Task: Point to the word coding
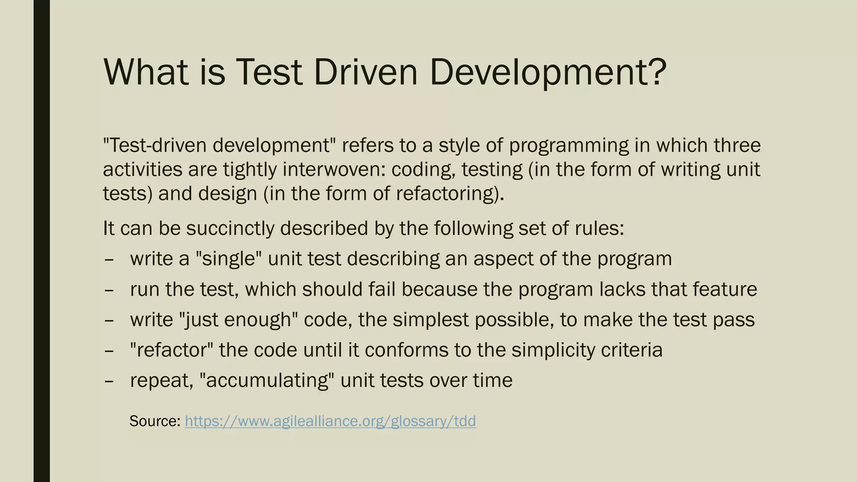point(423,169)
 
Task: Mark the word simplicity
point(553,350)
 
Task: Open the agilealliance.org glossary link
point(330,421)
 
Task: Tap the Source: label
point(155,421)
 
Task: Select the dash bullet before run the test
point(109,289)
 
